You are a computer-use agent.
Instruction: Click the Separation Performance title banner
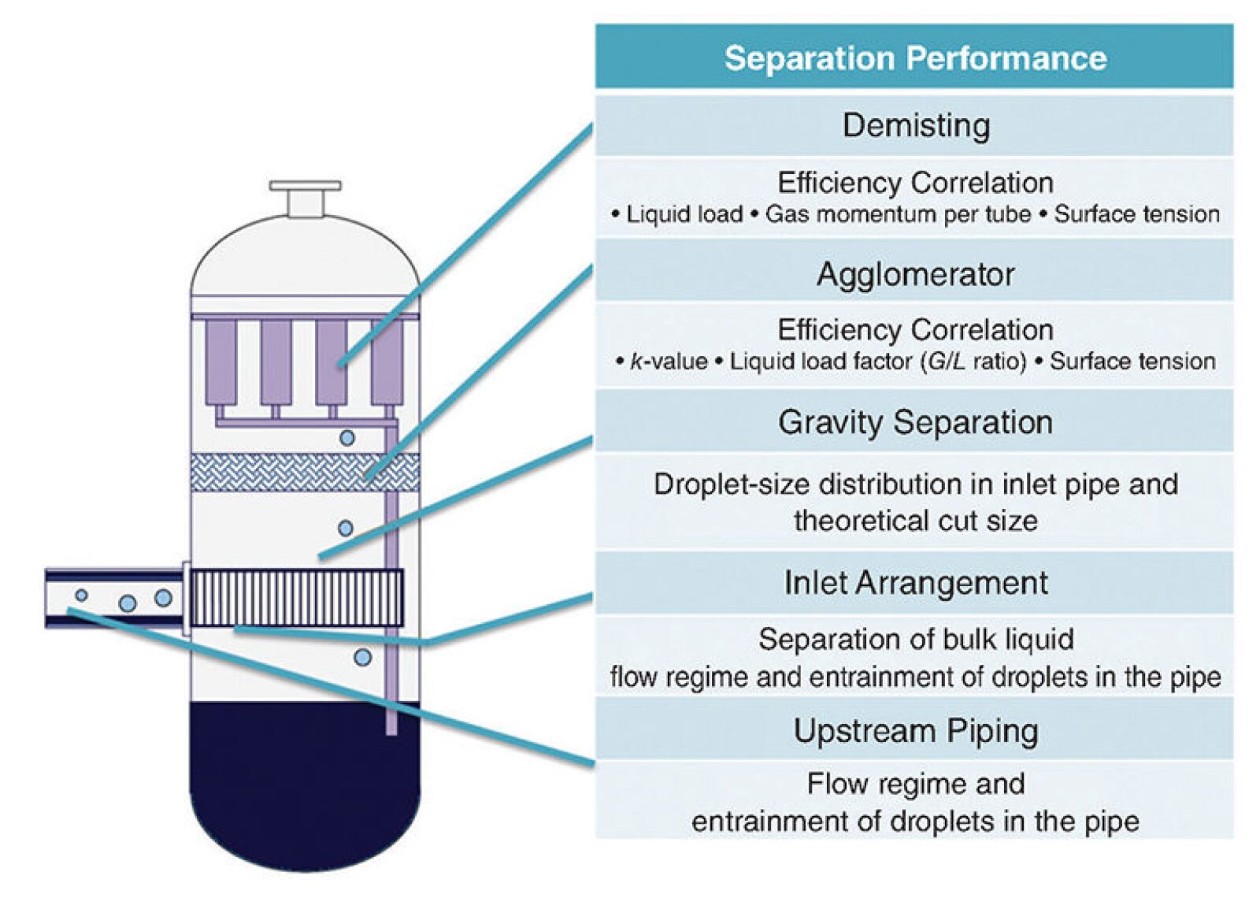coord(914,58)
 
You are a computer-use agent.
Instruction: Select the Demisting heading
coord(914,125)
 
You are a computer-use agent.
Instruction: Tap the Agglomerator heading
coord(914,274)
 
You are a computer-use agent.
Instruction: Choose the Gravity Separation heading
coord(914,422)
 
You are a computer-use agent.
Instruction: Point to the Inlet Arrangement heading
coord(914,583)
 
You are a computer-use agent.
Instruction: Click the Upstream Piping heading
coord(914,730)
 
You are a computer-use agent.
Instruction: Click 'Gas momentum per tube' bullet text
coord(898,214)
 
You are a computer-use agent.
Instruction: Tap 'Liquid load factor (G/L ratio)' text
coord(878,362)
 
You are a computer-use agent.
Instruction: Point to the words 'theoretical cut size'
coord(914,521)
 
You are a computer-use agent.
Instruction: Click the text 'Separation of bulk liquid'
coord(914,639)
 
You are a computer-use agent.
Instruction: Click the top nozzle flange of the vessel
coord(305,187)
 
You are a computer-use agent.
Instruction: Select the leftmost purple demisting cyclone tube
coord(220,362)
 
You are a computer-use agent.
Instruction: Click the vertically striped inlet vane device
coord(296,598)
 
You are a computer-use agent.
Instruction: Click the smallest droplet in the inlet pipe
coord(81,595)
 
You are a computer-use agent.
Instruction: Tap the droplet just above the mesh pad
coord(346,437)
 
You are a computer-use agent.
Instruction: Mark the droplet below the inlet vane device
coord(362,657)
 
